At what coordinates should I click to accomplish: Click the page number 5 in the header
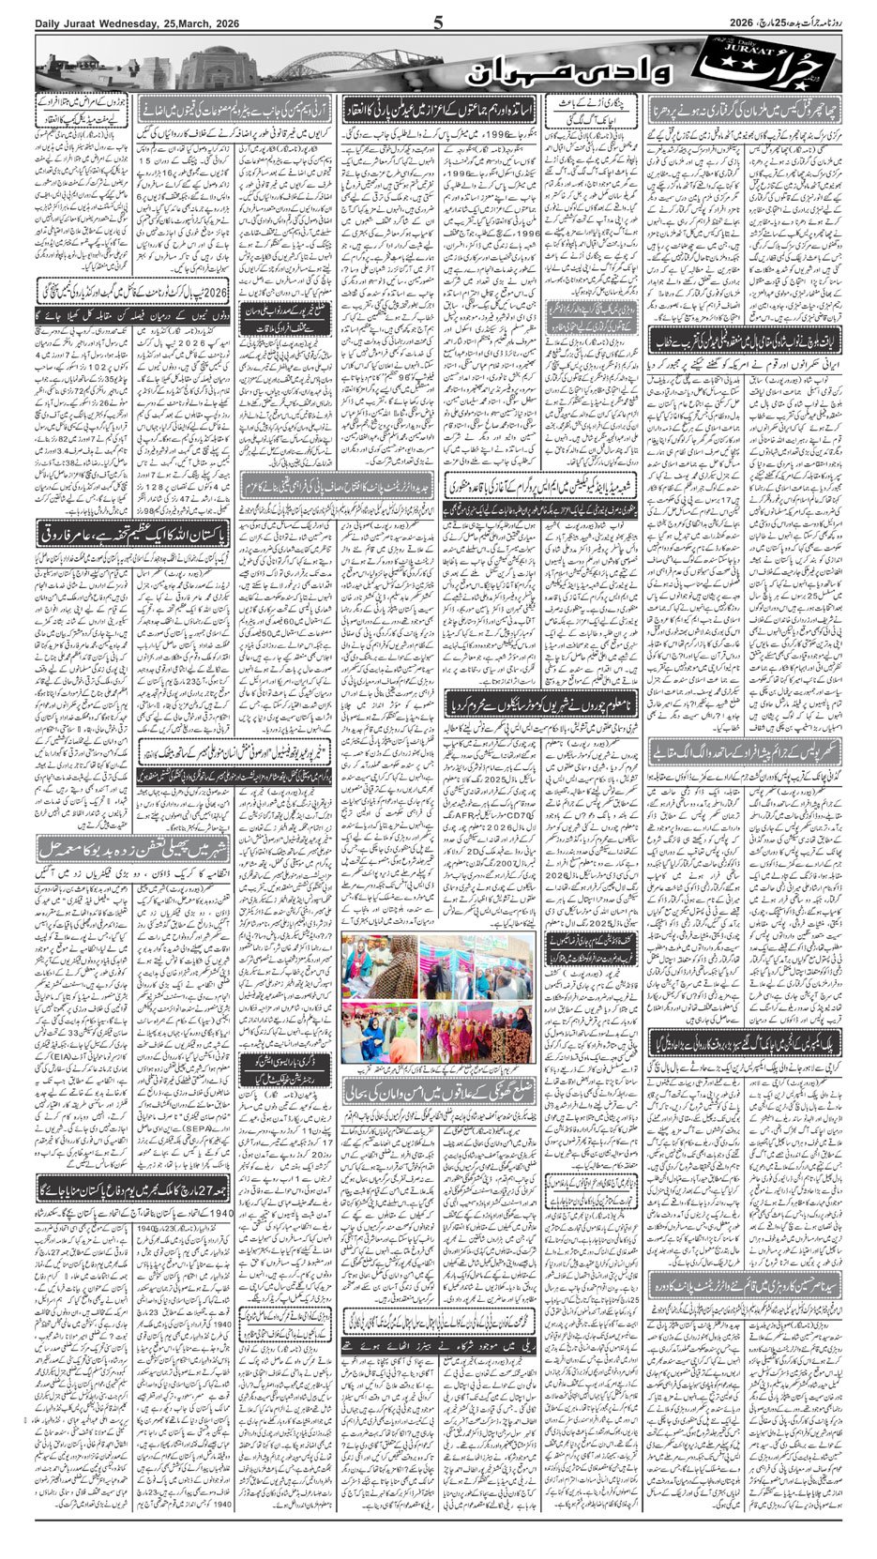coord(438,22)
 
